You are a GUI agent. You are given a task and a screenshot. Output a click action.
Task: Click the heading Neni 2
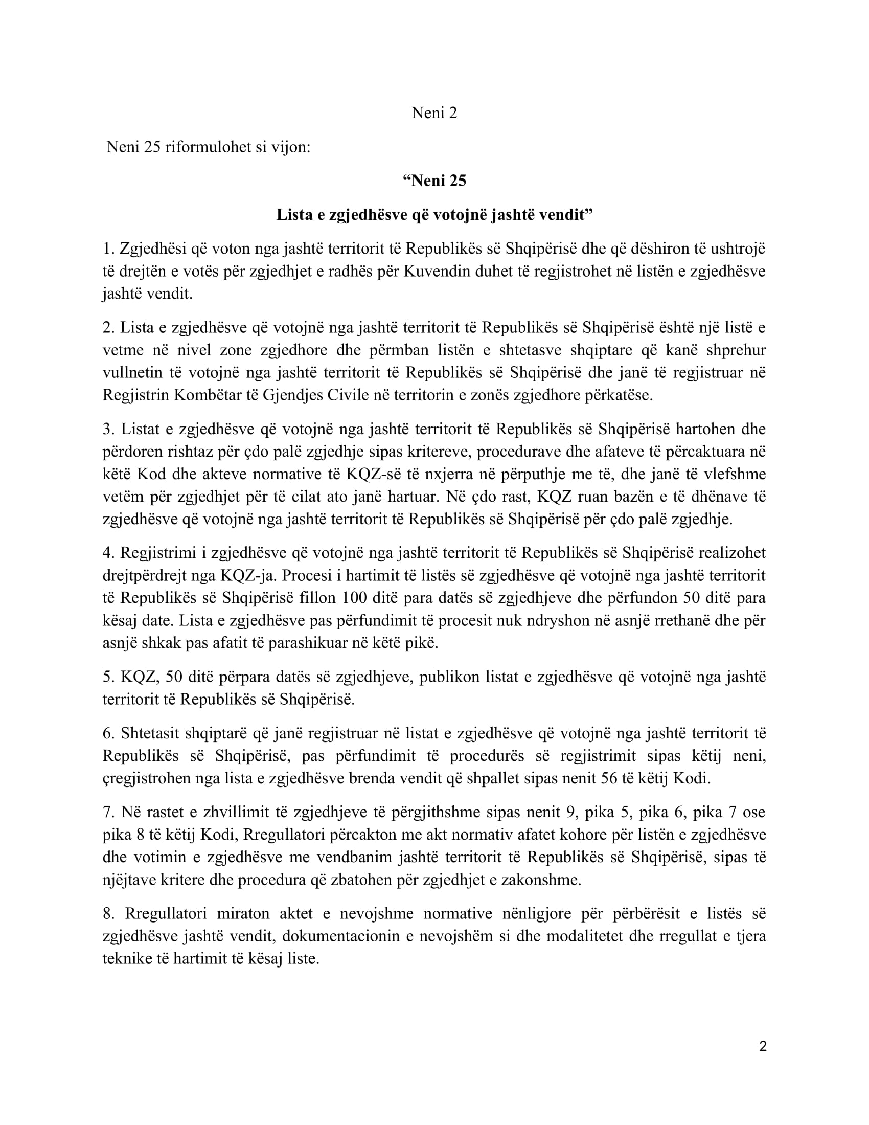coord(434,113)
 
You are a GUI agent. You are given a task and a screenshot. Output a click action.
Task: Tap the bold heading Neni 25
coord(435,181)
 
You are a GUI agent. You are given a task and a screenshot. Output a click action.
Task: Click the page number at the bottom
coord(763,1046)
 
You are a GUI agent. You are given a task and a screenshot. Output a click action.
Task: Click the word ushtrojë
coord(738,249)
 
